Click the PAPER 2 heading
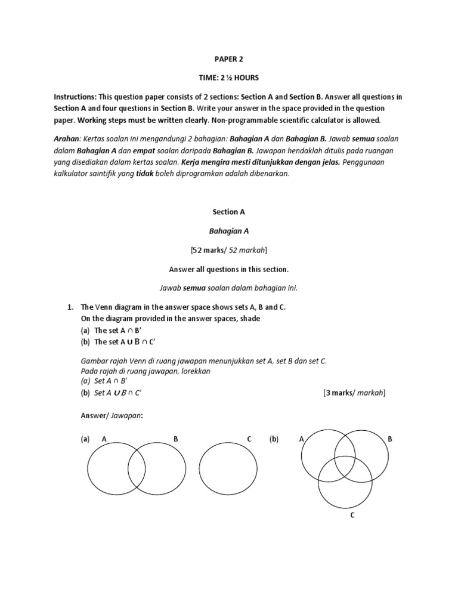(x=228, y=59)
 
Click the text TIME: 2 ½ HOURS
(x=228, y=78)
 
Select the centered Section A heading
(x=228, y=211)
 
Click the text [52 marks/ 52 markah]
(x=228, y=249)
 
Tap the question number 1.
(x=70, y=307)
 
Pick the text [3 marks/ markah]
(x=354, y=393)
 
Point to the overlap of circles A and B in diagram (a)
(x=137, y=470)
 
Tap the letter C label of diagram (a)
(x=249, y=439)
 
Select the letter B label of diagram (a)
(x=175, y=439)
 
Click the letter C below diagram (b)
(x=352, y=516)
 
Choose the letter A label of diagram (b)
(x=302, y=439)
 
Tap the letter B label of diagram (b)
(x=390, y=439)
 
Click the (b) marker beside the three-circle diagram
(x=274, y=439)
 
